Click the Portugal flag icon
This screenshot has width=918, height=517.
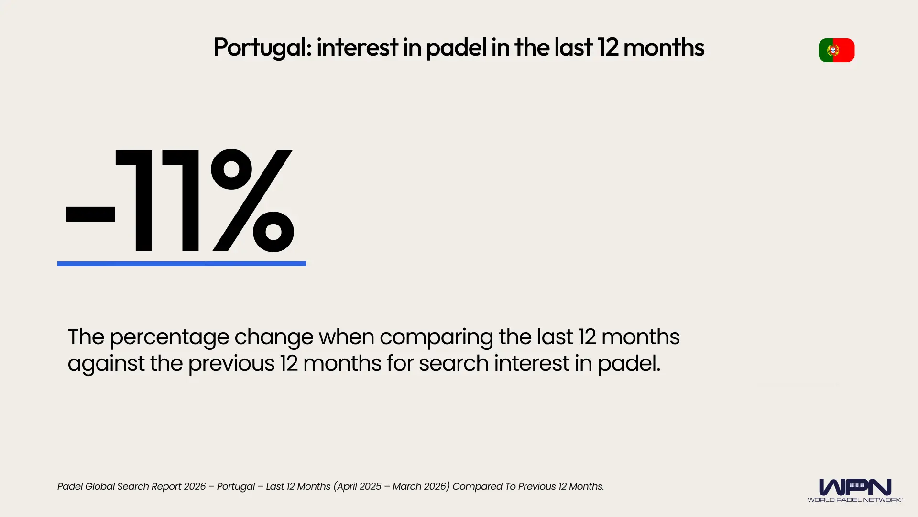[x=836, y=50]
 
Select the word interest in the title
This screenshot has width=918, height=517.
[x=357, y=47]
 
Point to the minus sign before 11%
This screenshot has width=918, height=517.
[x=90, y=214]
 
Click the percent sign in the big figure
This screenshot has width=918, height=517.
[x=252, y=201]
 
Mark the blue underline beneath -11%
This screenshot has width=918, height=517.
[x=182, y=263]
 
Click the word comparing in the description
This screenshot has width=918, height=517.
[x=436, y=337]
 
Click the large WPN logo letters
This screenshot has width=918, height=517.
[x=855, y=487]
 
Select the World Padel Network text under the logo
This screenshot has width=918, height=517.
[x=855, y=500]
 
